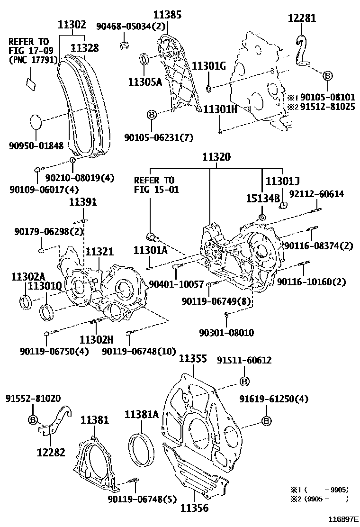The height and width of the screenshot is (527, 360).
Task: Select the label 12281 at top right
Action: (302, 18)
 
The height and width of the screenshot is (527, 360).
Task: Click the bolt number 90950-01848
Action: (36, 146)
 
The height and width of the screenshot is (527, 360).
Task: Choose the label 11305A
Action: (145, 82)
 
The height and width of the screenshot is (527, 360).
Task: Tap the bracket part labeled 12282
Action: (54, 422)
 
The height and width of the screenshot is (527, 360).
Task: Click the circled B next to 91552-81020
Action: (33, 419)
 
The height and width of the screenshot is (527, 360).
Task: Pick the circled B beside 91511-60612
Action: (244, 382)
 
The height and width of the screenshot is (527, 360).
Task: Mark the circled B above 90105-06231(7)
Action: (151, 115)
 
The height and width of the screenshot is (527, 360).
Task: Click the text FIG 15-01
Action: (153, 190)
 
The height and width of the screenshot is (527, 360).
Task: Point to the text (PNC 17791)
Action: (33, 59)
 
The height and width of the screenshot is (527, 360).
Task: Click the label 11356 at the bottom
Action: (194, 508)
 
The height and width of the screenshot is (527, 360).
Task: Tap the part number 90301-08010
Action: (226, 333)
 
